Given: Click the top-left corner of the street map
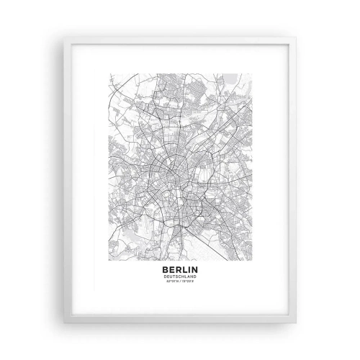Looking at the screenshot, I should [109, 72].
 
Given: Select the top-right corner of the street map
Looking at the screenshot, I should [251, 72].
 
